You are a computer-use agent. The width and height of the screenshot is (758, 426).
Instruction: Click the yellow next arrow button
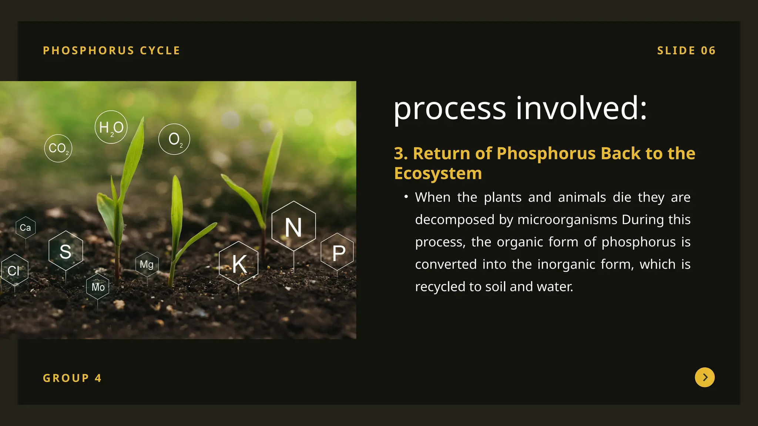[705, 377]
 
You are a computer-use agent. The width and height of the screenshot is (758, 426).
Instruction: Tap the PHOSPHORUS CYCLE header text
[111, 50]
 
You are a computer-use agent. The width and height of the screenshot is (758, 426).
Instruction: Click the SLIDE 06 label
[686, 50]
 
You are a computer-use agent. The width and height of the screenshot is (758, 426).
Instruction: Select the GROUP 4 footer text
[72, 378]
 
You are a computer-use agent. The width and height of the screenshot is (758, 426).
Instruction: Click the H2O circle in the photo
[111, 127]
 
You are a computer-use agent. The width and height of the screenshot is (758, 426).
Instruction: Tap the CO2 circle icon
[58, 148]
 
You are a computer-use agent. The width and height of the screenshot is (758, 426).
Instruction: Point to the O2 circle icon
[174, 139]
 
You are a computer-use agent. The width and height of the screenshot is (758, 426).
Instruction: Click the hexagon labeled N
[294, 226]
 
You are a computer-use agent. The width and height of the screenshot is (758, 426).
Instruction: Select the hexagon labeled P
[337, 252]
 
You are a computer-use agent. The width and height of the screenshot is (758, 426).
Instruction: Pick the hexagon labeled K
[239, 263]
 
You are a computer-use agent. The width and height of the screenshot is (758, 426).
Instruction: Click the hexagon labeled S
[66, 251]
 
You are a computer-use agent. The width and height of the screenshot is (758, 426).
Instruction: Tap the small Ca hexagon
[26, 227]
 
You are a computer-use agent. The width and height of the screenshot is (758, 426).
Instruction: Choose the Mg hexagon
[147, 264]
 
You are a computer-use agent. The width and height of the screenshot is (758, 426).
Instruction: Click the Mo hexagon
[98, 287]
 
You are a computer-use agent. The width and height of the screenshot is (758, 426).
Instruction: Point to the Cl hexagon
[14, 270]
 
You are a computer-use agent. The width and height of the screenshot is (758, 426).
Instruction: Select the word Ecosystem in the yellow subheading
[438, 173]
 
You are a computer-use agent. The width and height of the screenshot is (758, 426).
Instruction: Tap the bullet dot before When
[406, 197]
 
